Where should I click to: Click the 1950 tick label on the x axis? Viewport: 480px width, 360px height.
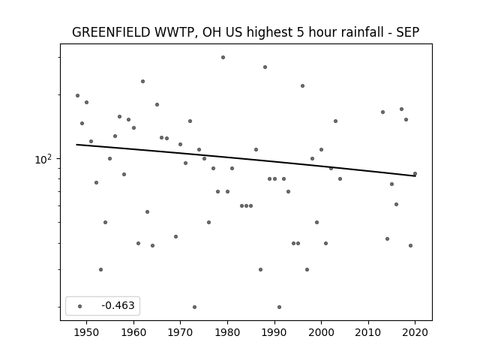(x=87, y=332)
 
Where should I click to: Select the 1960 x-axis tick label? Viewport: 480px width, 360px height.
(x=133, y=332)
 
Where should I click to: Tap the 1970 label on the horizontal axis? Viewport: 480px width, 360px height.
(x=180, y=332)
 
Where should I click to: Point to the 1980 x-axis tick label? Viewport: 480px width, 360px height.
(x=227, y=332)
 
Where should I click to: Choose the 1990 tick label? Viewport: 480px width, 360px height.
(x=274, y=332)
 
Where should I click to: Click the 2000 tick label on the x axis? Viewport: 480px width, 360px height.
(x=321, y=332)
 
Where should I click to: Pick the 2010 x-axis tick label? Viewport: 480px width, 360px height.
(x=368, y=332)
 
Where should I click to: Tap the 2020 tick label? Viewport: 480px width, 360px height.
(x=415, y=332)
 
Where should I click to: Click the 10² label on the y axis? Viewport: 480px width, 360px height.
(x=43, y=159)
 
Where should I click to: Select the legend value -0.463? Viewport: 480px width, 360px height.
(x=118, y=305)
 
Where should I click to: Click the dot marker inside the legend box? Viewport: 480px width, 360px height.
(x=80, y=306)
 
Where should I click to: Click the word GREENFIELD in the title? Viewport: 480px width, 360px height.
(x=111, y=32)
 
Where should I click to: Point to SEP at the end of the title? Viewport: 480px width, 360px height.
(x=408, y=32)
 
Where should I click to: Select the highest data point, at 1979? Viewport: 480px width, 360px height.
(x=223, y=57)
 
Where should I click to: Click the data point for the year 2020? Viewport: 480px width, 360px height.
(x=415, y=173)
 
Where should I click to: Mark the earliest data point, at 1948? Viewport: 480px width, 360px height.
(x=77, y=95)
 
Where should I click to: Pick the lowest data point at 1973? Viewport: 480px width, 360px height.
(x=195, y=307)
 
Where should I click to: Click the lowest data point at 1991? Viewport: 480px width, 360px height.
(x=279, y=307)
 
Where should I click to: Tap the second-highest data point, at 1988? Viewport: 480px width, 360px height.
(x=265, y=67)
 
